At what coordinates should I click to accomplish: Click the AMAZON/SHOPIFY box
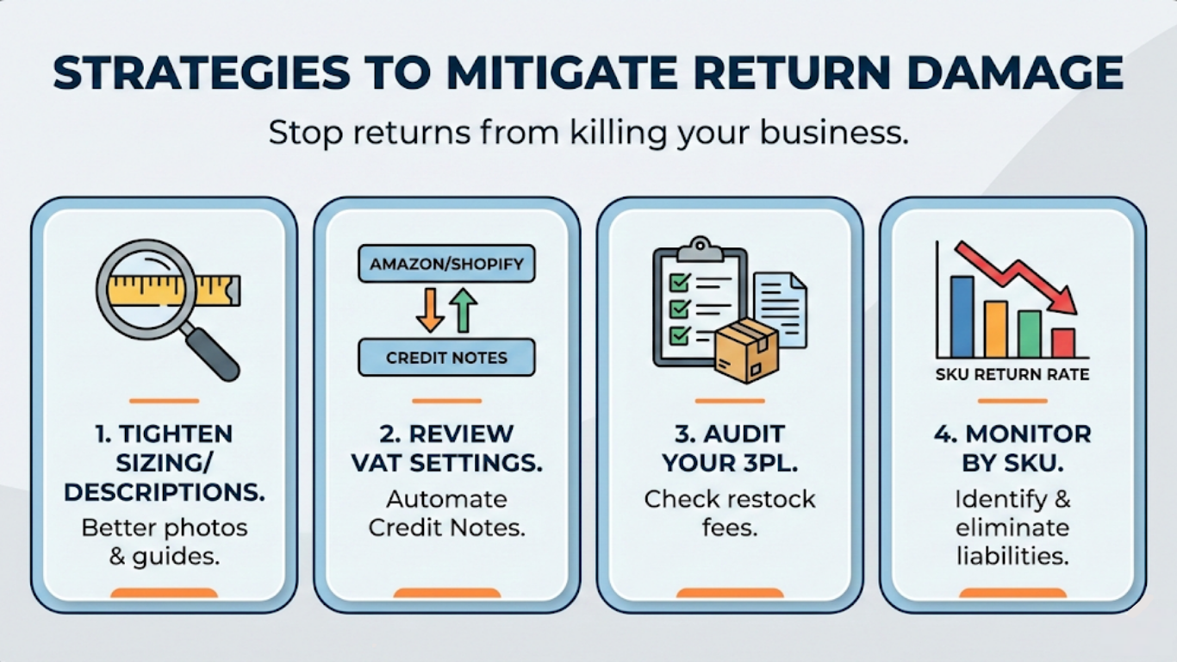[x=446, y=264]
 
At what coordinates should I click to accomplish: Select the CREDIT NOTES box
[x=446, y=358]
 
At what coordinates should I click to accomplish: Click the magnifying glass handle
[x=211, y=351]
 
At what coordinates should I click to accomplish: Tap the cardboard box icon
[x=746, y=350]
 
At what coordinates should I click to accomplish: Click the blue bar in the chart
[x=962, y=316]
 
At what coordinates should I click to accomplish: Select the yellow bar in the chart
[x=995, y=328]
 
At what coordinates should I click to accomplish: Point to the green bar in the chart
[x=1029, y=334]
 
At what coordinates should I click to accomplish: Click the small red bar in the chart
[x=1063, y=342]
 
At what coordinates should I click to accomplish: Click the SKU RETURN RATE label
[x=1012, y=375]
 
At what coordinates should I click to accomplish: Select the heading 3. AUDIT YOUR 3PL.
[x=730, y=447]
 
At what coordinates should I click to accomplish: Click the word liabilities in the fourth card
[x=1012, y=556]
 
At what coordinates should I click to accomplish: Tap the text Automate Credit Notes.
[x=446, y=513]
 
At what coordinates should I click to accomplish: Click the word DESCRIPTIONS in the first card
[x=165, y=491]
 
